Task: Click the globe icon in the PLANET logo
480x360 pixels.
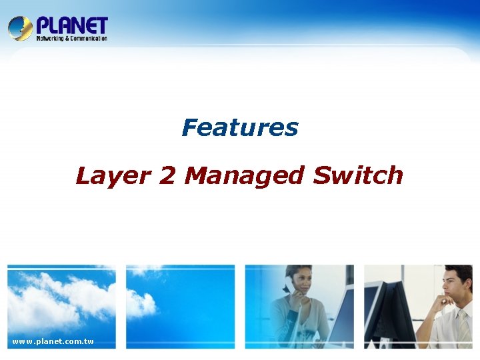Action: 20,28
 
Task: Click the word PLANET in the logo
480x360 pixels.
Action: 72,25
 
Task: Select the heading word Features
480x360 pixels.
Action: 240,127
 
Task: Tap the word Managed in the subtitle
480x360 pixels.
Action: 245,176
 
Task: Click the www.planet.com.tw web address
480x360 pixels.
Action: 53,342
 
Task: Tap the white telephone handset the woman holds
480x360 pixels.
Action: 289,284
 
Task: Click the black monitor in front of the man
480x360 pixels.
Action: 393,313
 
